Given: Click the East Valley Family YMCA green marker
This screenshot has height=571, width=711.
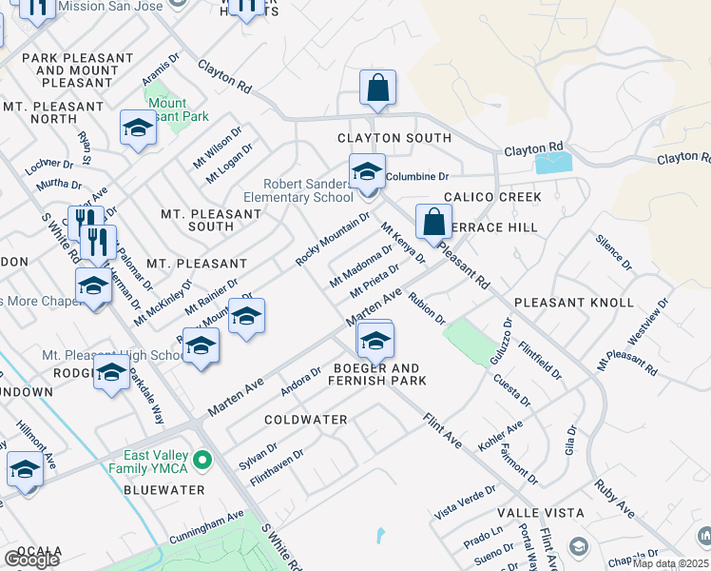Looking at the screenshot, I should coord(201,462).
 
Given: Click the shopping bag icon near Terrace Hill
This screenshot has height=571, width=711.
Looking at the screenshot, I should coord(433,223).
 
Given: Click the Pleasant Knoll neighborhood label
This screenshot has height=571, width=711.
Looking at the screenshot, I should coord(573,303).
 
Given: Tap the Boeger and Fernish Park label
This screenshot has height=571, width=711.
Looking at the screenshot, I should coord(377,374).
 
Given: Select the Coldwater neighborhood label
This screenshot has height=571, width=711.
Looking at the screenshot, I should coord(305,420).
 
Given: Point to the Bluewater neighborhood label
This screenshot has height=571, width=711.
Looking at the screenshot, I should coord(164,489).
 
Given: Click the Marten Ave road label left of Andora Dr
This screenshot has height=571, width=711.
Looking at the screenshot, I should coord(235,392).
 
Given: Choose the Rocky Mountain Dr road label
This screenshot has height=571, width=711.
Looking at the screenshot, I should coord(332,239).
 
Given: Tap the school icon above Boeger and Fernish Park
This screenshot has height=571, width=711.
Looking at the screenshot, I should coord(376,340).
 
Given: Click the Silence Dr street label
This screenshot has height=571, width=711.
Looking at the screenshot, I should coord(612,250).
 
